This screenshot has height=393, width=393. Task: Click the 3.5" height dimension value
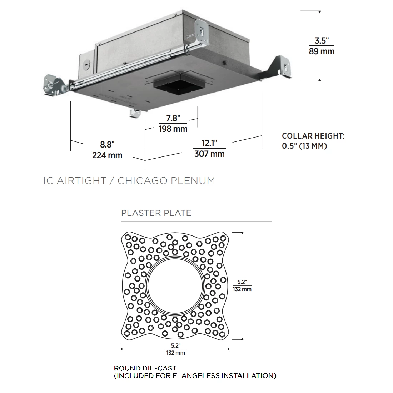tap(321, 40)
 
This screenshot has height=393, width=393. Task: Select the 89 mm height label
tap(322, 51)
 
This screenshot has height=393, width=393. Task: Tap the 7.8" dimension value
tap(173, 118)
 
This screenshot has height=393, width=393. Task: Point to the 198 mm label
tap(173, 129)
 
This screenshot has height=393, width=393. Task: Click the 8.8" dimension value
tap(107, 144)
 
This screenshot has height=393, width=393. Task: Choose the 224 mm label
tap(107, 155)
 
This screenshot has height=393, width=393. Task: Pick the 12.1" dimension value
tap(209, 143)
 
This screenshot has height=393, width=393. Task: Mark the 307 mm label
tap(209, 154)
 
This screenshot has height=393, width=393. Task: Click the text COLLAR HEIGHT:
tap(313, 136)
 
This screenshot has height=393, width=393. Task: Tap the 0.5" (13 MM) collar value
tap(304, 146)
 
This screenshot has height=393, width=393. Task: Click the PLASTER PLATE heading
tap(156, 213)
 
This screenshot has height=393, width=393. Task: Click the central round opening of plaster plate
tap(175, 286)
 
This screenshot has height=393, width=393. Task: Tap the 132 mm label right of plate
tap(242, 289)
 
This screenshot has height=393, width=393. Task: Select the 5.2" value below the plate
tap(175, 345)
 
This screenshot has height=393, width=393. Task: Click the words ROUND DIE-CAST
tap(145, 368)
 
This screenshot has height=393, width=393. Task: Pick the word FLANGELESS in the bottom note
tap(196, 376)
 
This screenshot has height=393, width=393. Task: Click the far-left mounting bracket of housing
tap(53, 85)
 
